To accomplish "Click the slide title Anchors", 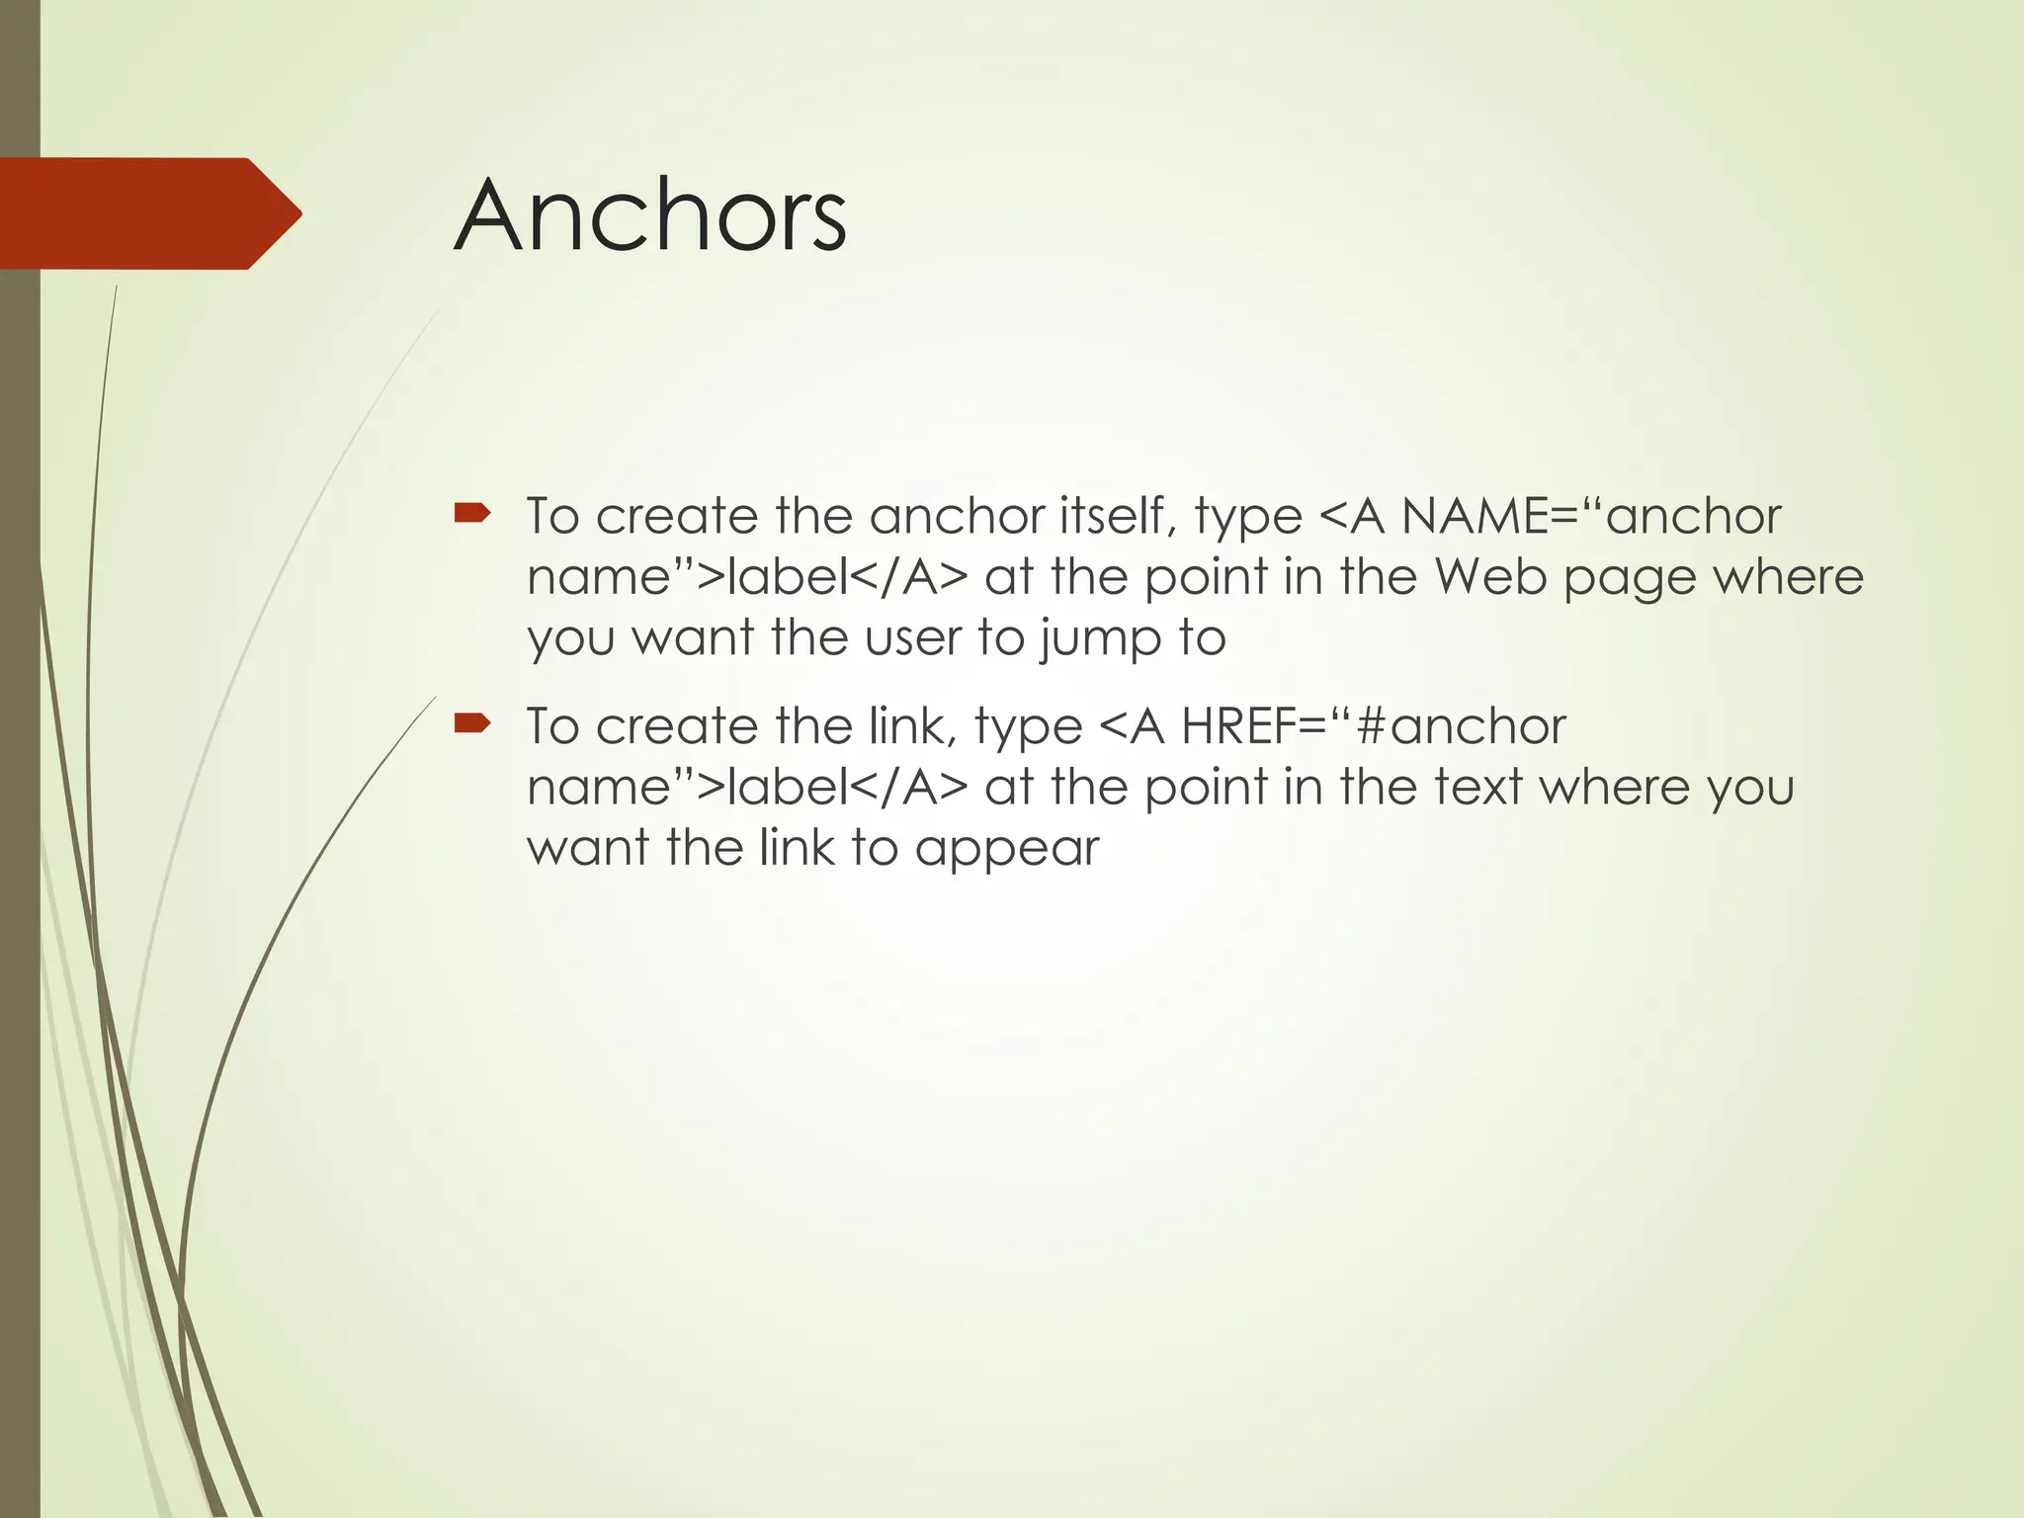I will tap(650, 215).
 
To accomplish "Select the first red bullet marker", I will tap(471, 512).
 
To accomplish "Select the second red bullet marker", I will tap(471, 723).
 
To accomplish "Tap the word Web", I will tap(1490, 576).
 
